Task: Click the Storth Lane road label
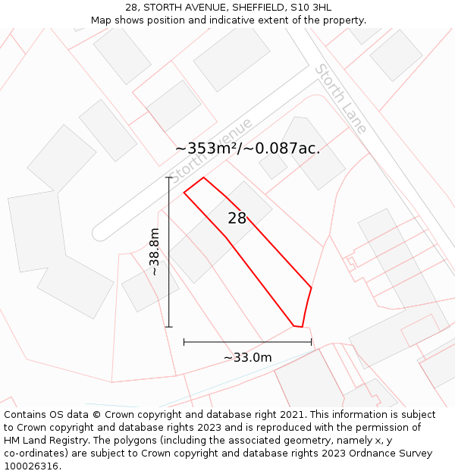[341, 99]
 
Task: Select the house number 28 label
[237, 218]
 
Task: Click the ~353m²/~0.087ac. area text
[248, 149]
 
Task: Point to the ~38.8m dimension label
[155, 252]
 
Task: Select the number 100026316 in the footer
[32, 466]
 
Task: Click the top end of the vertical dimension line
[169, 177]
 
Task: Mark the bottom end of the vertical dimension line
[169, 327]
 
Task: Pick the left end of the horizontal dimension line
[184, 342]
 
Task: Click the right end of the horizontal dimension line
[312, 342]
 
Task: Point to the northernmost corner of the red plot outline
[203, 177]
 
